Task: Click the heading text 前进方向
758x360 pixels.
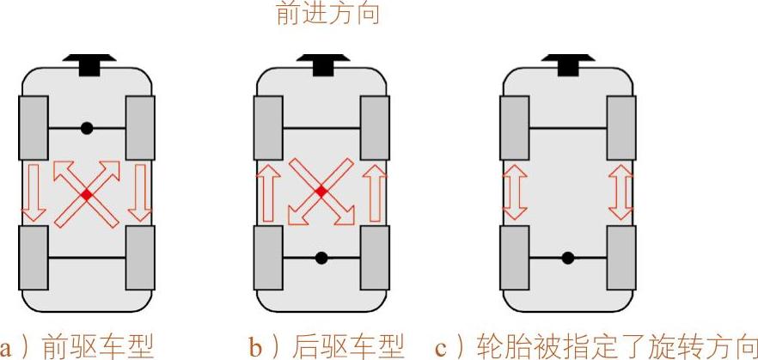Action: [x=327, y=15]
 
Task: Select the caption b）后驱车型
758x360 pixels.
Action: [x=327, y=345]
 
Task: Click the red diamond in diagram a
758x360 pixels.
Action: [x=87, y=195]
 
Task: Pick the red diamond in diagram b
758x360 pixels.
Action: [x=321, y=192]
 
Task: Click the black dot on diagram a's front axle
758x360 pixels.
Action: [x=87, y=128]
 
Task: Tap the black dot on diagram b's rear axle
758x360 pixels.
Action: [x=321, y=257]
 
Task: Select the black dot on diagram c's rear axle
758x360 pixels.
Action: [x=567, y=257]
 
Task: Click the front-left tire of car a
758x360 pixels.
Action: [x=34, y=128]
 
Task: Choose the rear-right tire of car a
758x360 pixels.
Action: [x=140, y=257]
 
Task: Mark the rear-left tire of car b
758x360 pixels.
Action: [x=268, y=257]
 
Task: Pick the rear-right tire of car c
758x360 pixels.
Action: [x=620, y=257]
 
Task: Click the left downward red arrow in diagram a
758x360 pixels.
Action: [x=34, y=192]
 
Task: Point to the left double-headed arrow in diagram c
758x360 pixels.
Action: [x=515, y=192]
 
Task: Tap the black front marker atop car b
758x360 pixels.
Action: [x=321, y=63]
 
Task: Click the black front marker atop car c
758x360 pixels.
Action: [x=567, y=63]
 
